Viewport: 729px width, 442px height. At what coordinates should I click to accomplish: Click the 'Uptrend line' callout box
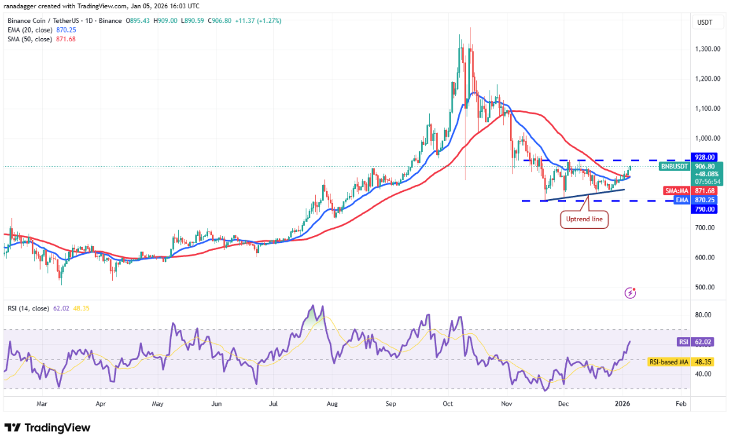pyautogui.click(x=584, y=220)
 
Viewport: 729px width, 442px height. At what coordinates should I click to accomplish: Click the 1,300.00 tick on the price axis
pyautogui.click(x=707, y=49)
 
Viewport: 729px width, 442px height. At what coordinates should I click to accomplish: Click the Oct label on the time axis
pyautogui.click(x=448, y=403)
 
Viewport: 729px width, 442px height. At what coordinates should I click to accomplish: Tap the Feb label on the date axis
pyautogui.click(x=680, y=403)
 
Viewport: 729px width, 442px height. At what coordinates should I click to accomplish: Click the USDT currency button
pyautogui.click(x=705, y=22)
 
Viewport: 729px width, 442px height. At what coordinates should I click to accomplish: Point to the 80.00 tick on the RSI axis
pyautogui.click(x=703, y=315)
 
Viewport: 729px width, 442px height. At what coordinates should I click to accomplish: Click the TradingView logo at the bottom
pyautogui.click(x=48, y=428)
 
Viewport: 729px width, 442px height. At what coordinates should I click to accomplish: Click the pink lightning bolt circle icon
pyautogui.click(x=630, y=293)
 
